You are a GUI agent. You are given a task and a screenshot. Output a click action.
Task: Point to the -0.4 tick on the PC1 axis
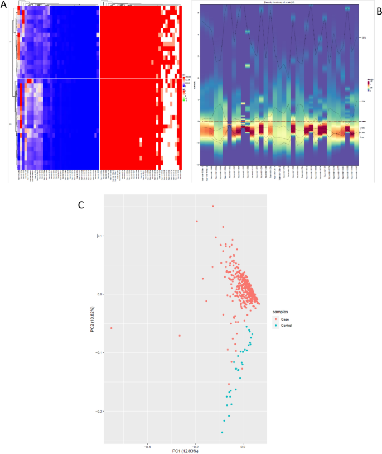point(147,446)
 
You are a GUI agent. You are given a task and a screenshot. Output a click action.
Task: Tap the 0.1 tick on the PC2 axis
point(100,236)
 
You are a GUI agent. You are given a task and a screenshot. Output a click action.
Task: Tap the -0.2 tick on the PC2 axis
point(99,412)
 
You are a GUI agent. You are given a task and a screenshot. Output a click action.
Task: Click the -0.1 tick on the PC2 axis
point(99,353)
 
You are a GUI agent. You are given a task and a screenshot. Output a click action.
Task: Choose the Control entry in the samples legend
point(287,325)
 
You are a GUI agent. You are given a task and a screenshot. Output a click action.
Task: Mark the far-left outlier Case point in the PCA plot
point(112,328)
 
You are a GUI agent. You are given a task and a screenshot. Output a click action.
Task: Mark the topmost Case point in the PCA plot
point(212,206)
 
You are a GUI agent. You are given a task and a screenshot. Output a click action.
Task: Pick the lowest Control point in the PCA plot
point(222,432)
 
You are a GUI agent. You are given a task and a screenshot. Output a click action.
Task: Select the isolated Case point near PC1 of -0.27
point(180,336)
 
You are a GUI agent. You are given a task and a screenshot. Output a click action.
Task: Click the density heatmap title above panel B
point(279,3)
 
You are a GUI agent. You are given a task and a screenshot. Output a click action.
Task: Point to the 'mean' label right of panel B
point(363,121)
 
